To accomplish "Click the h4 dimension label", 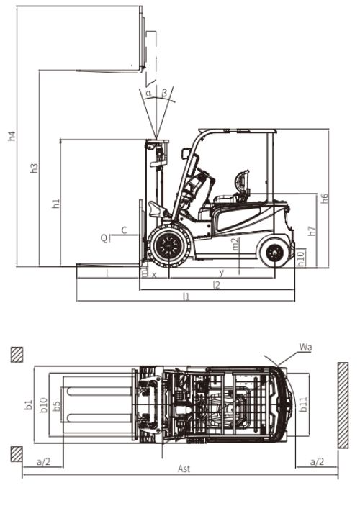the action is pyautogui.click(x=12, y=136).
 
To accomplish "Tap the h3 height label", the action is pyautogui.click(x=35, y=168).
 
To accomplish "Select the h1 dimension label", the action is pyautogui.click(x=56, y=203).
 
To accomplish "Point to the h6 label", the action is pyautogui.click(x=325, y=198).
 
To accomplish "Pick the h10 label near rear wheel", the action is pyautogui.click(x=300, y=258).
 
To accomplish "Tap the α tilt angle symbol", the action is pyautogui.click(x=149, y=93).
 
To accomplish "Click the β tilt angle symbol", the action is pyautogui.click(x=164, y=92).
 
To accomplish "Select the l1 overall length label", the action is pyautogui.click(x=186, y=297).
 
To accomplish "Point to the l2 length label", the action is pyautogui.click(x=216, y=285).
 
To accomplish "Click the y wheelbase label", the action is pyautogui.click(x=222, y=273).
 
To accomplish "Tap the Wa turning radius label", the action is pyautogui.click(x=306, y=347).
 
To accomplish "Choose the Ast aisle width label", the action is pyautogui.click(x=184, y=469).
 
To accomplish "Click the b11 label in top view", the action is pyautogui.click(x=303, y=404).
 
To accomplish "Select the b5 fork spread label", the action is pyautogui.click(x=57, y=406).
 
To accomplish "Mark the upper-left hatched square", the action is pyautogui.click(x=17, y=355).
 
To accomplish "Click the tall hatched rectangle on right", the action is pyautogui.click(x=343, y=405).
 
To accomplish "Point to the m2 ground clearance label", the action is pyautogui.click(x=235, y=244).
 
